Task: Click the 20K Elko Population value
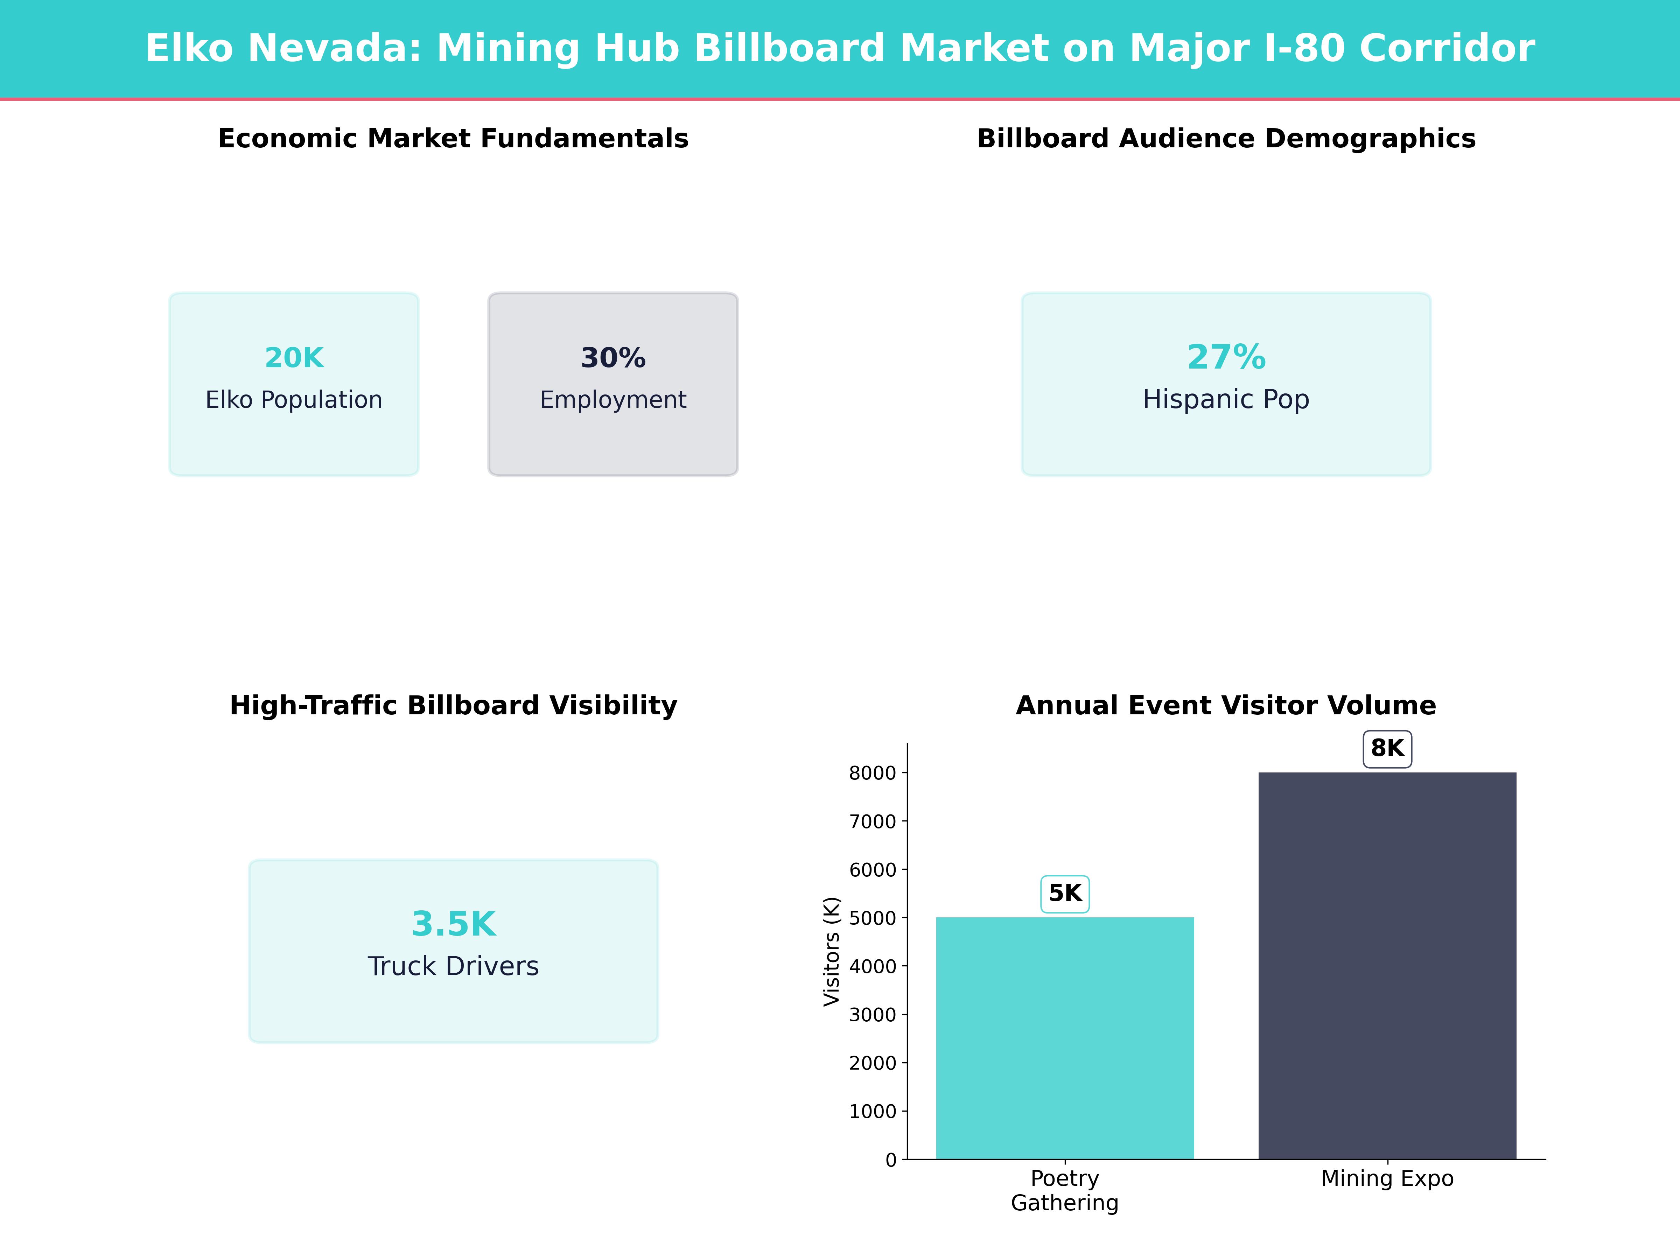click(x=294, y=358)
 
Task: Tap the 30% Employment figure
click(x=613, y=358)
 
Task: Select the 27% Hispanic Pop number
click(x=1226, y=357)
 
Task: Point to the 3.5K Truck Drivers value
click(x=453, y=924)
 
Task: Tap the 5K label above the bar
click(x=1065, y=893)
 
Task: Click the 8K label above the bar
click(x=1387, y=749)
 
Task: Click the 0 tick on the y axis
click(x=891, y=1160)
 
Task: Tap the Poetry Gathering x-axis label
click(x=1065, y=1190)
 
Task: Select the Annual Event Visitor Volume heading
click(x=1226, y=706)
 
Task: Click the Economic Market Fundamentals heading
click(x=453, y=139)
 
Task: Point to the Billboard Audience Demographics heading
click(x=1226, y=139)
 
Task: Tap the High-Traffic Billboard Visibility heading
click(x=453, y=706)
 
